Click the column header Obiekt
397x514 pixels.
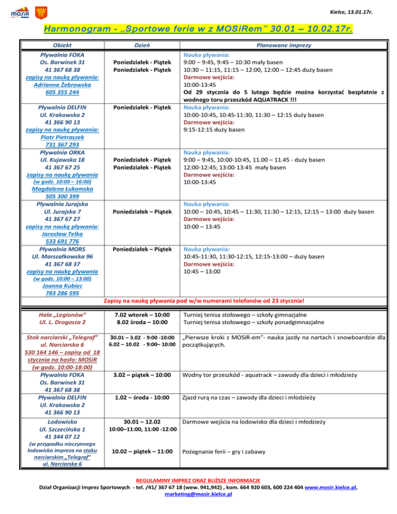63,46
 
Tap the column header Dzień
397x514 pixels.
139,46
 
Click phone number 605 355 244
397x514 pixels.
63,92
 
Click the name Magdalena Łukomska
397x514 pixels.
63,189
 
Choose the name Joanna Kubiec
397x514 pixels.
63,286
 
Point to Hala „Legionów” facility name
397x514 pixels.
63,315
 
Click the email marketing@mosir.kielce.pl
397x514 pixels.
198,494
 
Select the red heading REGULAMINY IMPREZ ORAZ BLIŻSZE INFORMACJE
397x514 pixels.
198,479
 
